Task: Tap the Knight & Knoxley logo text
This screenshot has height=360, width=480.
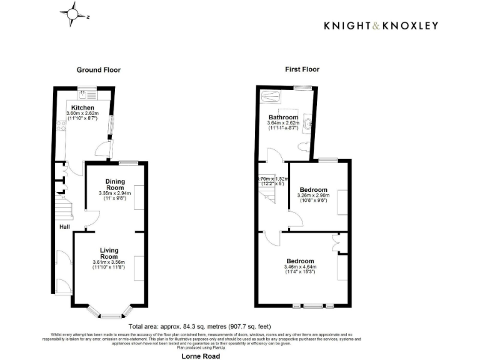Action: coord(380,26)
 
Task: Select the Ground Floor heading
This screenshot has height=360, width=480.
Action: coord(99,70)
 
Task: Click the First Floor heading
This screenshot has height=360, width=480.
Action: coord(302,69)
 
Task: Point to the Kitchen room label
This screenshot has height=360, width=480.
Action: coord(82,107)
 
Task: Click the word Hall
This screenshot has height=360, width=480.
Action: coord(64,227)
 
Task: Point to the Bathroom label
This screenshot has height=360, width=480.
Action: coord(283,117)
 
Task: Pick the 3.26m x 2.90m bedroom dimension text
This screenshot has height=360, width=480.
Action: coord(313,196)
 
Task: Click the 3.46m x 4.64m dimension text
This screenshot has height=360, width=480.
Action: coord(300,267)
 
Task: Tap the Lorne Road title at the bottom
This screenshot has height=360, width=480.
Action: coord(200,356)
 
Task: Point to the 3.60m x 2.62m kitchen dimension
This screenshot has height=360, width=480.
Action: coord(82,113)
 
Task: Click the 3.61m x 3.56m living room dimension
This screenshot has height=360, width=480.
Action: coord(109,262)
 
